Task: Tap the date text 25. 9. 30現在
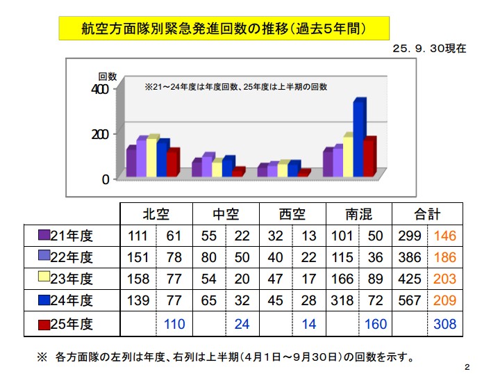coord(428,49)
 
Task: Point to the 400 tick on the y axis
coord(100,88)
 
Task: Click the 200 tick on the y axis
coord(100,133)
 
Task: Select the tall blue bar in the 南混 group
coord(358,138)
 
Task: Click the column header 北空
coord(156,213)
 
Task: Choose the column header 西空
coord(292,213)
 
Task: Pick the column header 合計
coord(426,213)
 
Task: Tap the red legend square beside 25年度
coord(44,323)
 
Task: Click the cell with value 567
coord(409,301)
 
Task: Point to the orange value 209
coord(444,301)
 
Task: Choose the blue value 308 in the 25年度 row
coord(444,323)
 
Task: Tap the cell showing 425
coord(409,279)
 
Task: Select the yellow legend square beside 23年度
coord(44,279)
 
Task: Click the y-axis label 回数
coord(107,76)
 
